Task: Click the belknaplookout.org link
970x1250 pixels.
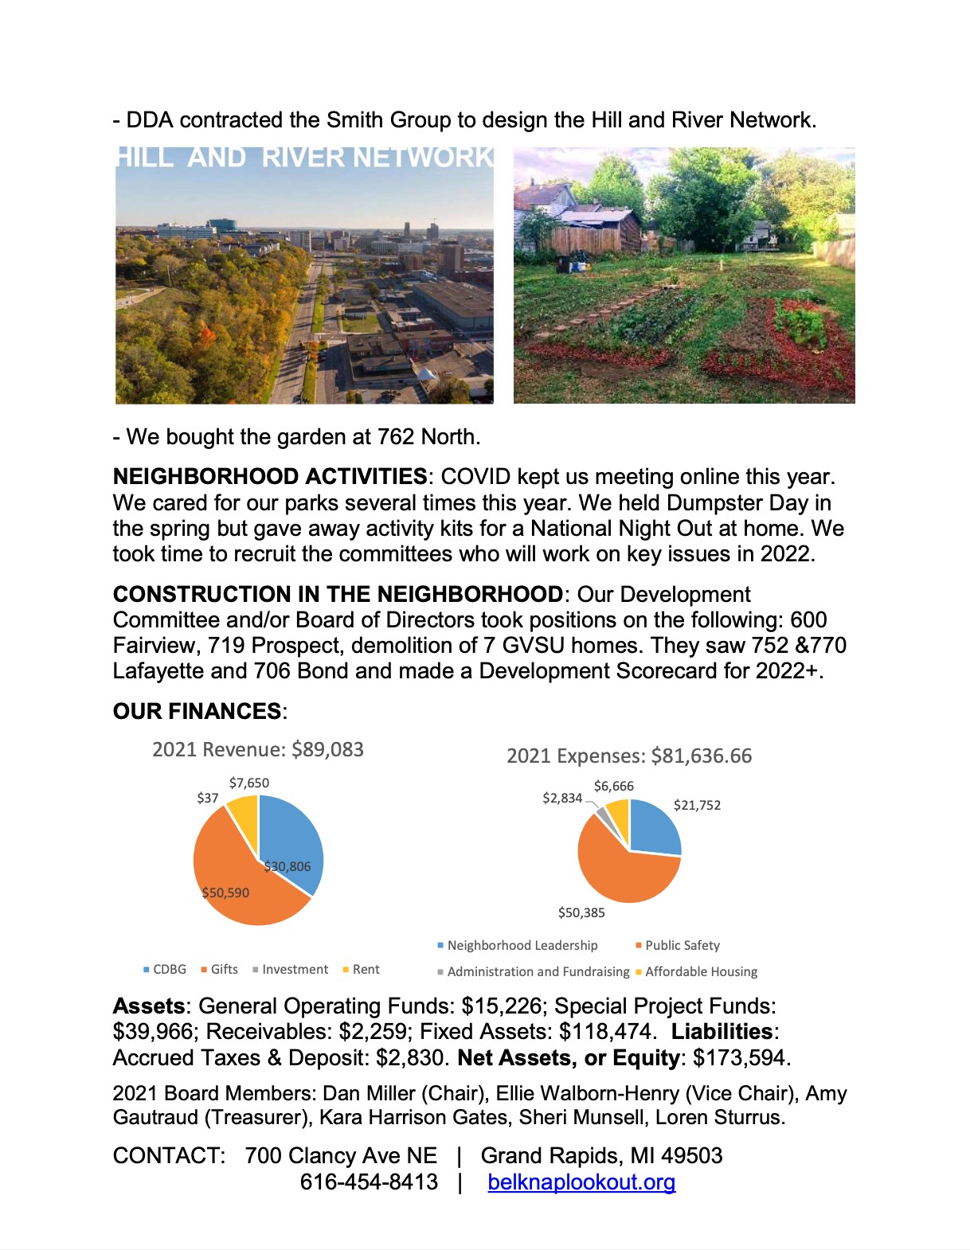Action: pyautogui.click(x=581, y=1182)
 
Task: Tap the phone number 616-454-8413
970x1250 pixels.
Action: pyautogui.click(x=369, y=1182)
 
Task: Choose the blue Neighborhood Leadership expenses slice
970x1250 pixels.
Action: pyautogui.click(x=653, y=828)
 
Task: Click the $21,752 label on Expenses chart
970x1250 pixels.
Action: pyautogui.click(x=697, y=805)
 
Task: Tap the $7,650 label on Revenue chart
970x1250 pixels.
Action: pyautogui.click(x=249, y=783)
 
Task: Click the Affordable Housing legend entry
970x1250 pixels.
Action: pyautogui.click(x=701, y=971)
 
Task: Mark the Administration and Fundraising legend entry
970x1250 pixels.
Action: pyautogui.click(x=538, y=971)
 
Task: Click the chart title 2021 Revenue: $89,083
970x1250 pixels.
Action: pyautogui.click(x=258, y=749)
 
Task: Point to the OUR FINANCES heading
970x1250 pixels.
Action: pyautogui.click(x=198, y=711)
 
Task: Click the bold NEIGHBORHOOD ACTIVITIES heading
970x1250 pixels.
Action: pyautogui.click(x=270, y=476)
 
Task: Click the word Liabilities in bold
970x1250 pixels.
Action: pyautogui.click(x=722, y=1031)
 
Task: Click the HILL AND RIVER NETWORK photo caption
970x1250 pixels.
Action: pyautogui.click(x=305, y=157)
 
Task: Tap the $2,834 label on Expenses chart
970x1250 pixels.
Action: pyautogui.click(x=562, y=798)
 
